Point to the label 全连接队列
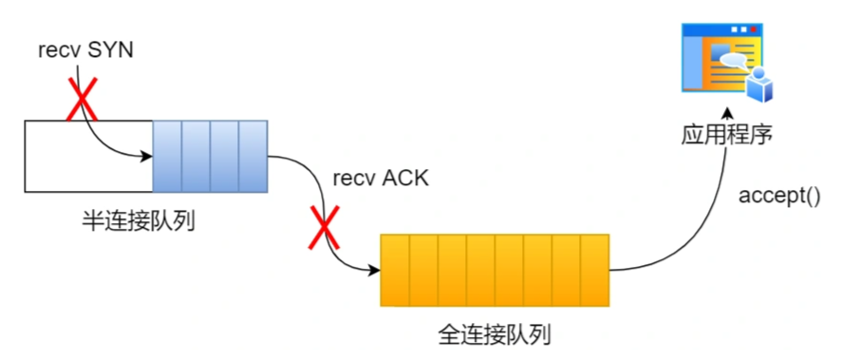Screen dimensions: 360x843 [x=495, y=334]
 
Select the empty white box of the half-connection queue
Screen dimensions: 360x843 [x=87, y=156]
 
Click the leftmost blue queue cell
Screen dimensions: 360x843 [x=167, y=156]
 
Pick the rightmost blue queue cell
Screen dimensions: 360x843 [x=253, y=156]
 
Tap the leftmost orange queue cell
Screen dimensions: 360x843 [x=394, y=271]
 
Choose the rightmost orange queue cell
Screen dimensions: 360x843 [x=593, y=271]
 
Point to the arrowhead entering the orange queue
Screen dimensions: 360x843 [x=374, y=270]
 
